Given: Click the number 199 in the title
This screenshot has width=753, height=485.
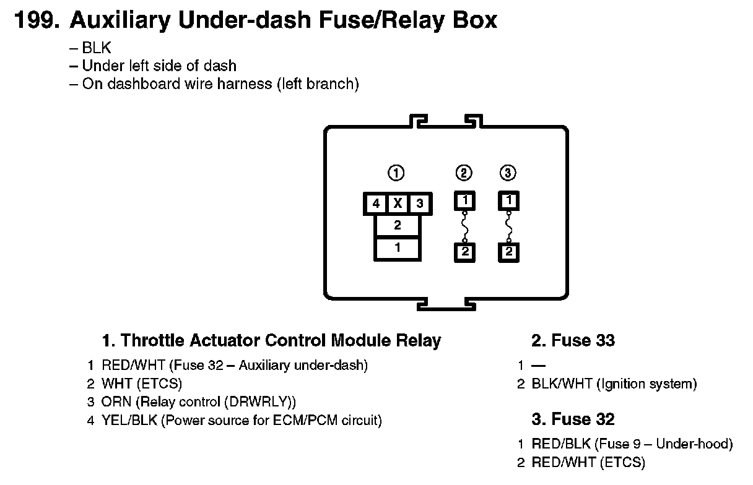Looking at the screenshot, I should [36, 20].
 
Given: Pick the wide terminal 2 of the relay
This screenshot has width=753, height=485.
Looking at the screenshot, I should [398, 226].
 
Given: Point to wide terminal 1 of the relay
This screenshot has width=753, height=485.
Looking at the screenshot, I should [398, 247].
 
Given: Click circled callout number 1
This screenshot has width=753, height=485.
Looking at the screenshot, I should [396, 173].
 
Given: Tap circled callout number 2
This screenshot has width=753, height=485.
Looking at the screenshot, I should [464, 173].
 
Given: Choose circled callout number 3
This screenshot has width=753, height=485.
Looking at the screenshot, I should [508, 173].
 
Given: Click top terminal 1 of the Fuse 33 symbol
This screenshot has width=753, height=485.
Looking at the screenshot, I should [464, 200].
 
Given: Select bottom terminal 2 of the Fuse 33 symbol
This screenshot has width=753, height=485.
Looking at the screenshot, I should [464, 252].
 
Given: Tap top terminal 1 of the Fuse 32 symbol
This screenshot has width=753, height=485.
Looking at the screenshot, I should [508, 200].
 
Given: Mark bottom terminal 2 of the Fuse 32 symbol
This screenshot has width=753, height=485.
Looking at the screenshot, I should [508, 252].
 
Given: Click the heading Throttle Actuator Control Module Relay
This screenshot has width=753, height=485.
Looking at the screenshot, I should [271, 341].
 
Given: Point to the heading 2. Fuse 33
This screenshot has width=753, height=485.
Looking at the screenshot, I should [573, 341].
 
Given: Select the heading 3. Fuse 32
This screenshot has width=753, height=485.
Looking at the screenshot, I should [573, 419].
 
